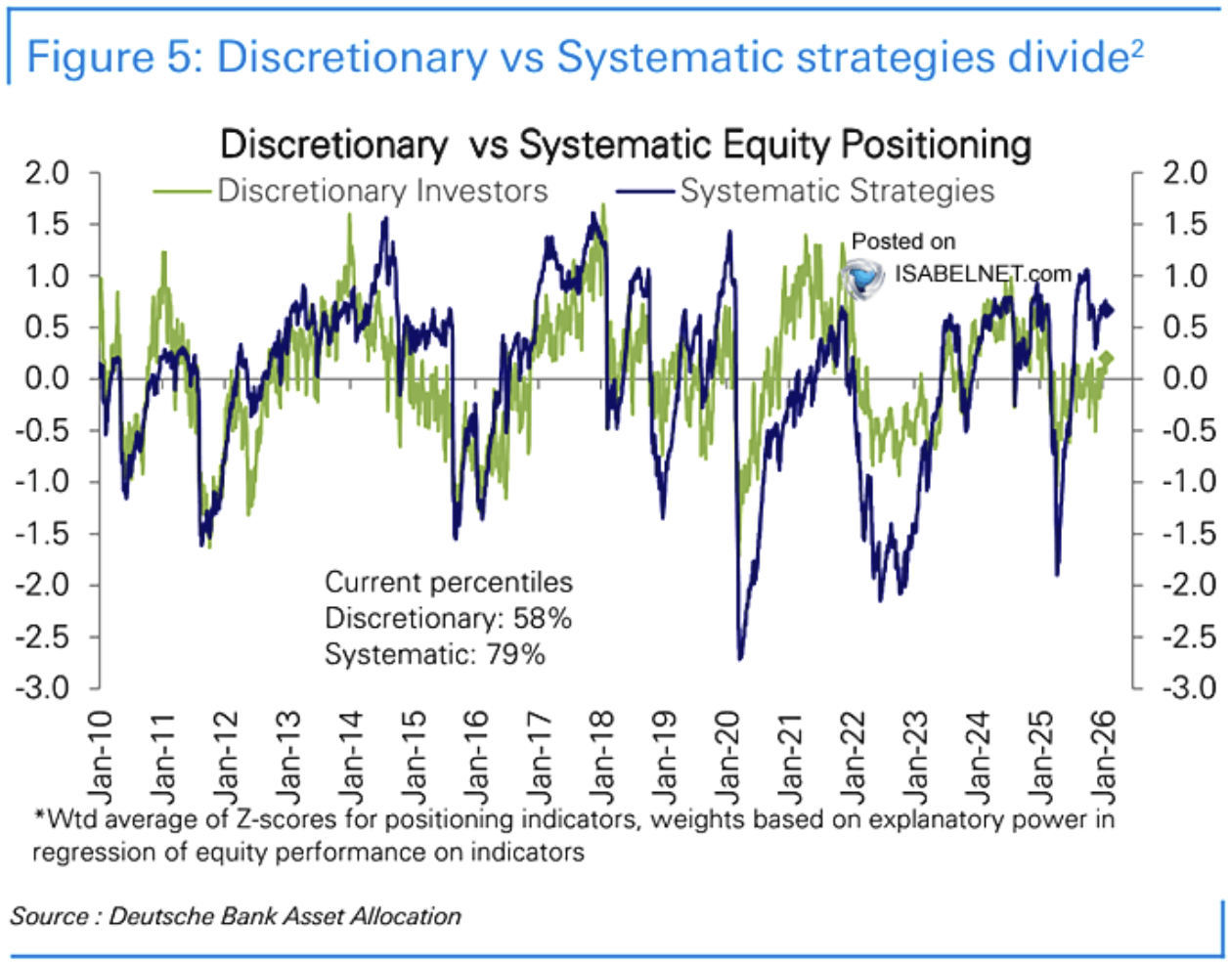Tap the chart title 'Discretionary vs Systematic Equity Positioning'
626,145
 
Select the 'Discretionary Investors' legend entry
382,191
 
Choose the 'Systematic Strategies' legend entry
837,191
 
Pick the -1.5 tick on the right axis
1187,533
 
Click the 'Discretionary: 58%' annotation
448,619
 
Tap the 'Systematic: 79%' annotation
435,654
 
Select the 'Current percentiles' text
448,583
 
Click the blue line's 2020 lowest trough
739,658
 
